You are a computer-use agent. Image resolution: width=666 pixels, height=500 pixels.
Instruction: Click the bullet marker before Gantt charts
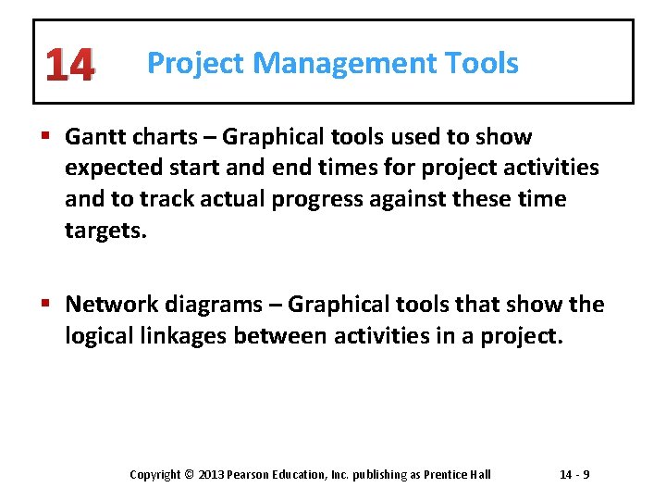[49, 137]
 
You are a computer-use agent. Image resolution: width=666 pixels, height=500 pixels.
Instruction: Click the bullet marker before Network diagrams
[49, 305]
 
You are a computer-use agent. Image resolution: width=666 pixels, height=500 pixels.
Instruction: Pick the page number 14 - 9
[574, 475]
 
